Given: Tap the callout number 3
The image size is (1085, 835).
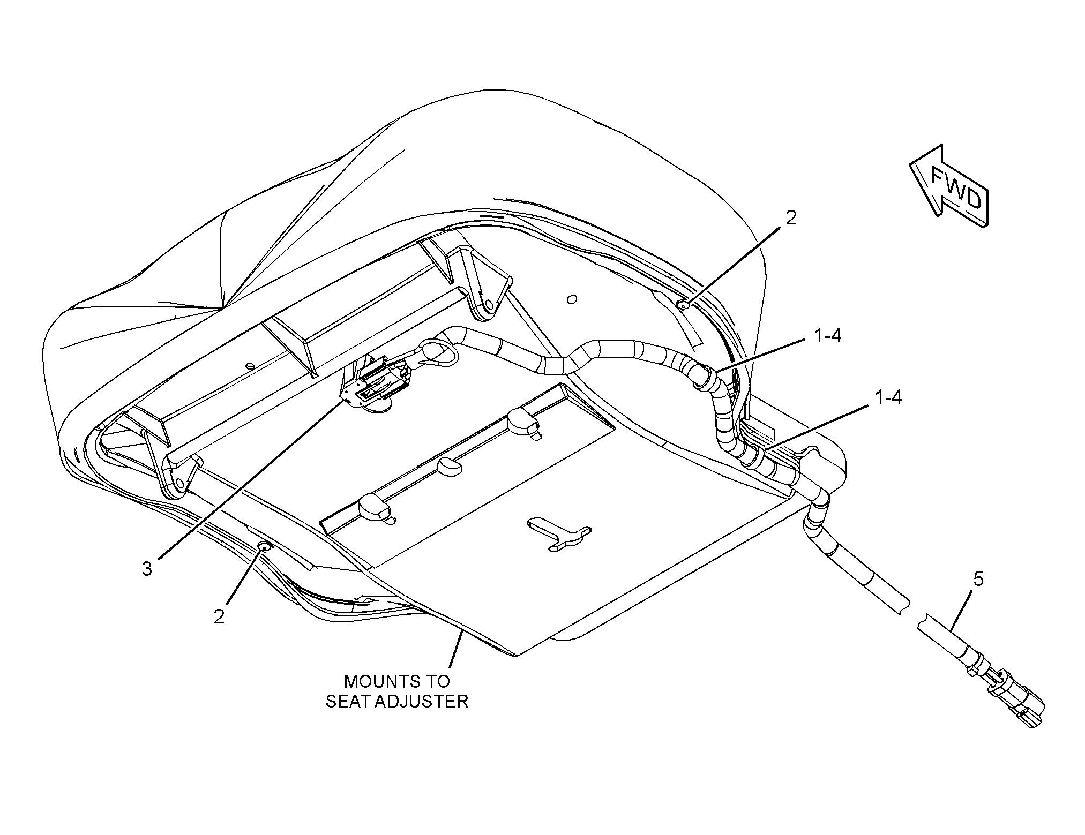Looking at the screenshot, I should [147, 569].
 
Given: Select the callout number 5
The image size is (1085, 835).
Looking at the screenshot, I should [978, 580].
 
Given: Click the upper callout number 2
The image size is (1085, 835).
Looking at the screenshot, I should [791, 218].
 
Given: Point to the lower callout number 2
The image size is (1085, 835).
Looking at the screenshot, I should [219, 617].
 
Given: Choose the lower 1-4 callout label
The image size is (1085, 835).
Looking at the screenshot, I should [888, 397].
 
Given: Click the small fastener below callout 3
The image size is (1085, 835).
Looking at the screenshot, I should [264, 546].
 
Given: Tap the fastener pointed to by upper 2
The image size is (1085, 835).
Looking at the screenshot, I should [684, 305].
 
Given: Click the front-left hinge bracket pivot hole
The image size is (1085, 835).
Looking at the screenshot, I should [179, 484].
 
